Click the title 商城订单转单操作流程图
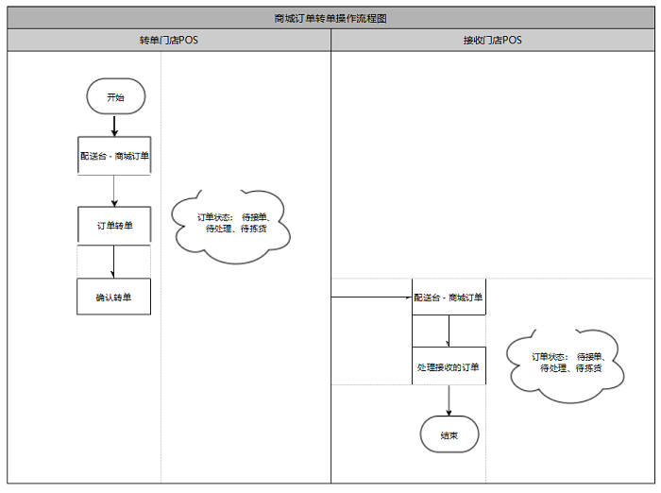tap(330, 18)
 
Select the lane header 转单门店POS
tap(169, 41)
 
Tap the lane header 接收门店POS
tap(493, 41)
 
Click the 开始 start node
tap(114, 97)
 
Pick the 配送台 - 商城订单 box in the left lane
tap(114, 156)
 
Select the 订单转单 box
tap(114, 227)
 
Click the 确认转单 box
tap(114, 297)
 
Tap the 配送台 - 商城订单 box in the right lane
tap(449, 297)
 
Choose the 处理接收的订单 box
tap(449, 366)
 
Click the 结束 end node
tap(449, 435)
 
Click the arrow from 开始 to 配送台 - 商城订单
tap(114, 126)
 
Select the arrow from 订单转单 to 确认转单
tap(114, 262)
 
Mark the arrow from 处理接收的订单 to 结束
tap(449, 400)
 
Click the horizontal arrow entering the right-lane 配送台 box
tap(371, 297)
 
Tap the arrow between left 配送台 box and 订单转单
tap(114, 191)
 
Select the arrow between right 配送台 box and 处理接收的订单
tap(449, 331)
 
